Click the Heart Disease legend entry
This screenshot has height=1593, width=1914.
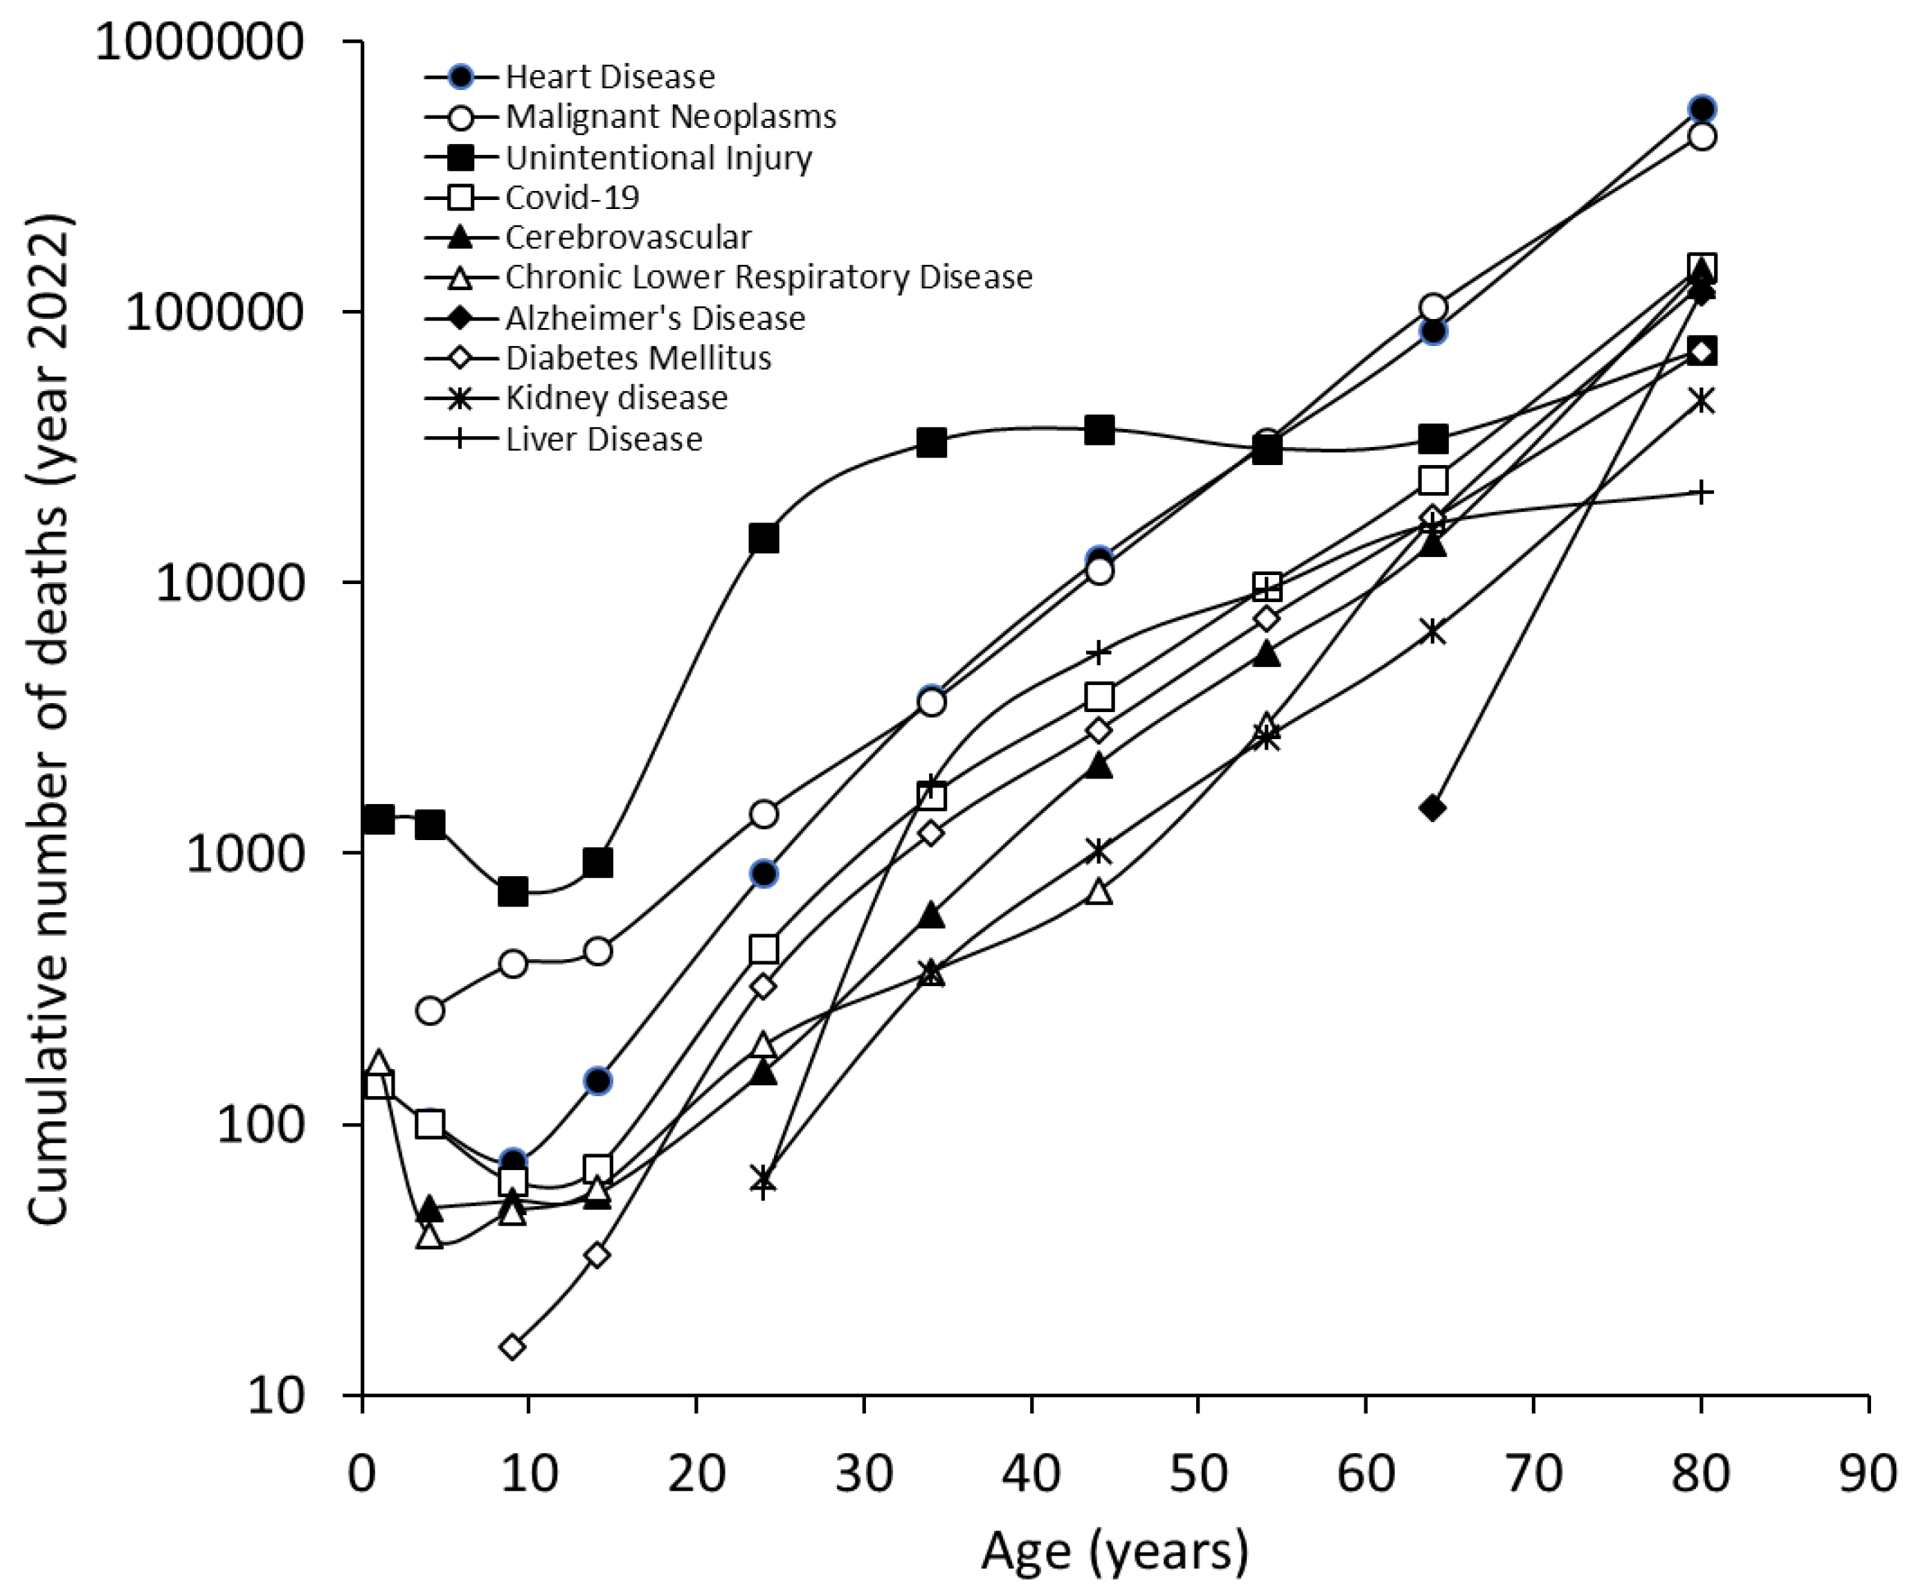[x=609, y=77]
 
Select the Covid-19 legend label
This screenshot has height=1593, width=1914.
[x=572, y=197]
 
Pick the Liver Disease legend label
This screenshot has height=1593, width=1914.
[x=604, y=438]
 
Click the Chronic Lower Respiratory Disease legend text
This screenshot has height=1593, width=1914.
[x=768, y=277]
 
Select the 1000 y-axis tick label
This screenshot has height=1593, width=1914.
[x=244, y=854]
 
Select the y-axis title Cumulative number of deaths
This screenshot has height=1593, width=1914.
[x=49, y=720]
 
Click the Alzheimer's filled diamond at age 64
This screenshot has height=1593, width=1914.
[x=1433, y=808]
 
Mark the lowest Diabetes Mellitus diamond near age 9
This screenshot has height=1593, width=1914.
[x=513, y=1346]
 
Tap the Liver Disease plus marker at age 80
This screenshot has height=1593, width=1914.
[x=1701, y=493]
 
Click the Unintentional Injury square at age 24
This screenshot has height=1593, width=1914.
[x=764, y=538]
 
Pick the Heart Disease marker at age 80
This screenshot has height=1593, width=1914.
[x=1701, y=109]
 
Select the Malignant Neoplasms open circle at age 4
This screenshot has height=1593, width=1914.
[x=430, y=1010]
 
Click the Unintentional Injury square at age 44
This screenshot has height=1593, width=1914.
[x=1099, y=430]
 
